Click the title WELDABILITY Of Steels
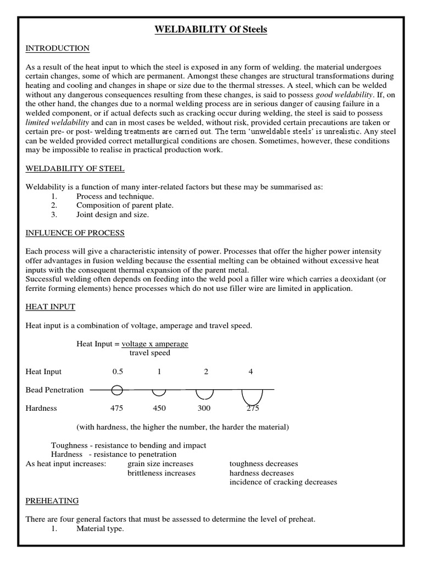click(210, 30)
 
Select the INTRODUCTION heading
click(58, 48)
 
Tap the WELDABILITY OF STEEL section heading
click(75, 168)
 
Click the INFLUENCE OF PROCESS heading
click(75, 233)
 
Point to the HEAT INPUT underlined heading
click(51, 307)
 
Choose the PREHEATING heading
click(52, 501)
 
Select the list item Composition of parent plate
click(125, 206)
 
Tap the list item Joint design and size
click(113, 215)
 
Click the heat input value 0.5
click(118, 372)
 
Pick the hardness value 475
click(117, 409)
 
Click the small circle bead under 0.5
click(117, 390)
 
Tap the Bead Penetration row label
click(55, 390)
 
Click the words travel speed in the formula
click(150, 353)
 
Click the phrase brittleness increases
click(161, 473)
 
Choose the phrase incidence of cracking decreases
click(283, 482)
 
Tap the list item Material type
click(100, 529)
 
